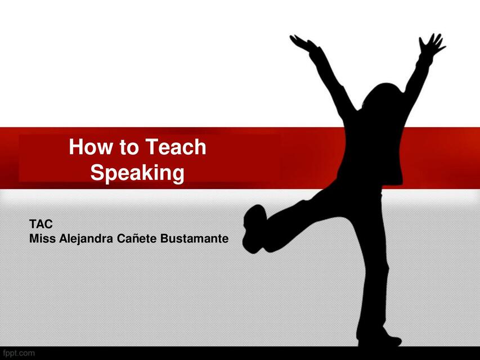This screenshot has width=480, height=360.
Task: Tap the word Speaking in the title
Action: [x=137, y=173]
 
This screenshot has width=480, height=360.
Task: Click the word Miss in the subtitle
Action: [x=41, y=238]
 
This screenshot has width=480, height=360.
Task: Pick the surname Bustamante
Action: [x=195, y=238]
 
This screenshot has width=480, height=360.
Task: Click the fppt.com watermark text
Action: [x=19, y=353]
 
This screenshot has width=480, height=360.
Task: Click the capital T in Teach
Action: [x=150, y=147]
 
